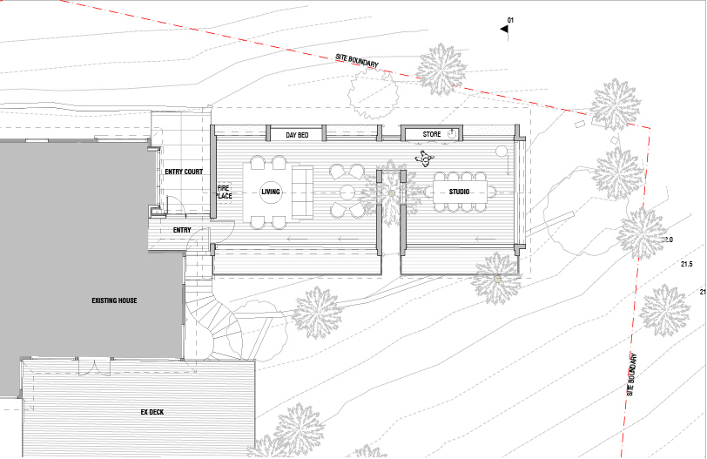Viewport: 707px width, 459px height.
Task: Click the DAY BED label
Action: [297, 135]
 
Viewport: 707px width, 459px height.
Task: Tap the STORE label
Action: [432, 134]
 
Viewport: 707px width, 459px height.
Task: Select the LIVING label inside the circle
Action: [271, 192]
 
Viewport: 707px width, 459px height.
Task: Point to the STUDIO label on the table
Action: [459, 192]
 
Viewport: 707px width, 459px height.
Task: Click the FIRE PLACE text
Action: [224, 192]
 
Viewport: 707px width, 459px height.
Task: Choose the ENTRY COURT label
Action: [184, 172]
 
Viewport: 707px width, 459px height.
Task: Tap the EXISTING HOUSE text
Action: [114, 300]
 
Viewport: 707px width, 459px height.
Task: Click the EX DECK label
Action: [152, 412]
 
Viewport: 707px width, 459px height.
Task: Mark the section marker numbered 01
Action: [506, 27]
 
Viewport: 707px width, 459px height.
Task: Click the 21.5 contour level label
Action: [686, 264]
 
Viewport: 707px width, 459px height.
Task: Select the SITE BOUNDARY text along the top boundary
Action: [357, 61]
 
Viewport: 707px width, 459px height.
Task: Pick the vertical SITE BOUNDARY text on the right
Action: [632, 375]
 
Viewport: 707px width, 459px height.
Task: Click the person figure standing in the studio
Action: [424, 158]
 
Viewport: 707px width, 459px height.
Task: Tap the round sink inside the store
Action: [452, 134]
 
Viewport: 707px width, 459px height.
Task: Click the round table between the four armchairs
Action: [347, 192]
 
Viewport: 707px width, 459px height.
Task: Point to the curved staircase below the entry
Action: [212, 315]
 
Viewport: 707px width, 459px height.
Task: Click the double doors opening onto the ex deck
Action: [94, 366]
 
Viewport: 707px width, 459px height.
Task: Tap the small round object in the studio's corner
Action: [501, 152]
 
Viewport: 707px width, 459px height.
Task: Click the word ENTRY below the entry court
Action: [182, 230]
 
